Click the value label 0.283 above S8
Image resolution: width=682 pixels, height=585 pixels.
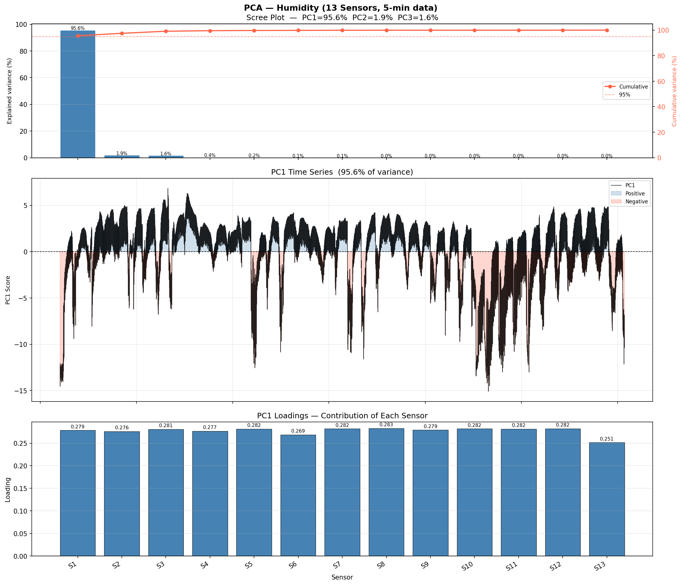pos(386,425)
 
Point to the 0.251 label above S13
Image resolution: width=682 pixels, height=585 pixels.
pos(607,439)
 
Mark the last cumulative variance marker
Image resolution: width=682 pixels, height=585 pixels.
pos(607,30)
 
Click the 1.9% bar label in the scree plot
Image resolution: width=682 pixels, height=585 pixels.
pos(122,153)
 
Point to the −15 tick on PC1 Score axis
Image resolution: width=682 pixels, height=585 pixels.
pos(22,391)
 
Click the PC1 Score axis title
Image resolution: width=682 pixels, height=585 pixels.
pos(8,290)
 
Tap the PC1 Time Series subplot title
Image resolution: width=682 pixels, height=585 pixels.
pos(342,172)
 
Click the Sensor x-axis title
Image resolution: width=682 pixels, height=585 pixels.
pos(342,577)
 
